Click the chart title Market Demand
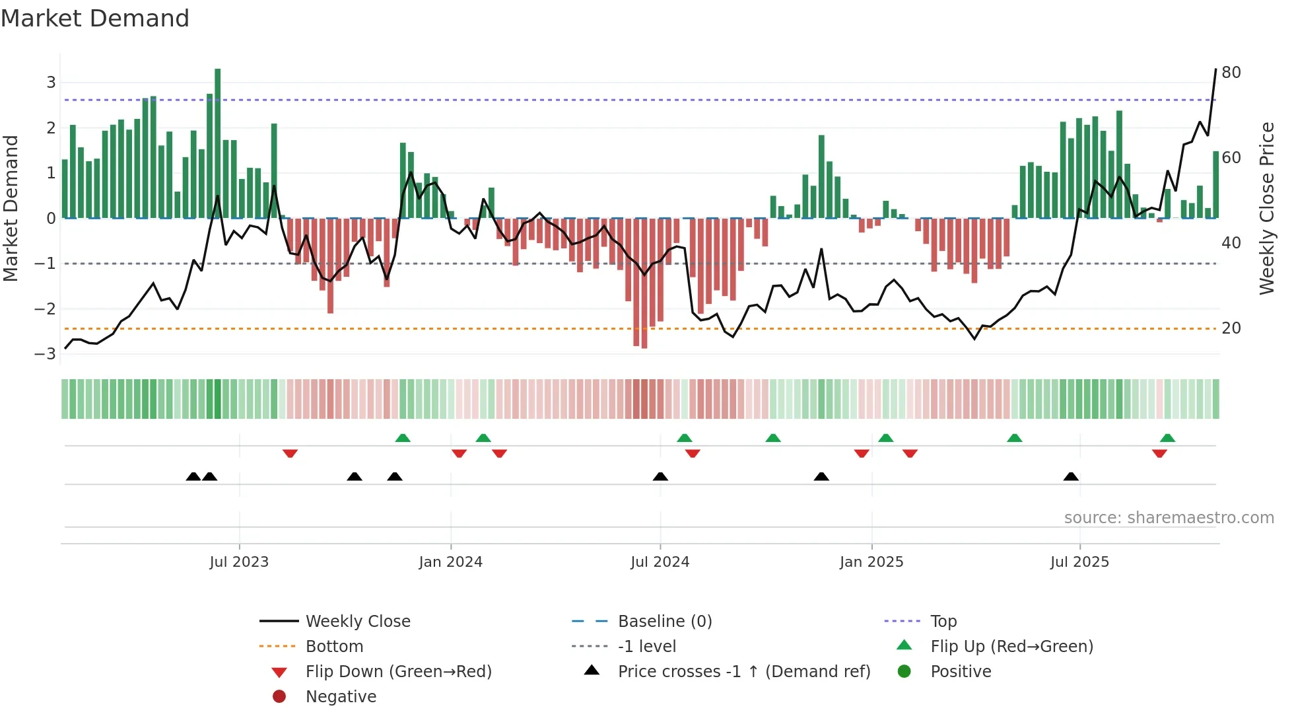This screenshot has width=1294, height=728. [95, 18]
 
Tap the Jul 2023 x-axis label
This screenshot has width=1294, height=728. [239, 562]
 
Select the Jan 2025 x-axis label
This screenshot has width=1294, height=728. [871, 562]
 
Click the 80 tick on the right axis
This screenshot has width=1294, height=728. [1231, 73]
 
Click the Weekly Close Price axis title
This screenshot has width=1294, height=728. [1266, 208]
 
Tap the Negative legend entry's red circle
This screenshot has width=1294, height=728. [279, 696]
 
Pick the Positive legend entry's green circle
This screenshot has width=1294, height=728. [904, 672]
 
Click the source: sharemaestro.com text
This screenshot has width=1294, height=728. [1169, 518]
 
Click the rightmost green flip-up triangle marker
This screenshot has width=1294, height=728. [1167, 438]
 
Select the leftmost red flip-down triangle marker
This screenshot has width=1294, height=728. [290, 453]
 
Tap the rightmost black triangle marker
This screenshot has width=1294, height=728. [1071, 476]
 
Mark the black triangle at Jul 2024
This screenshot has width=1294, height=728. [660, 476]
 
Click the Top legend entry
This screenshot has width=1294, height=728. [943, 622]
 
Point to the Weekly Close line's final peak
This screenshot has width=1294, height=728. [1215, 69]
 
